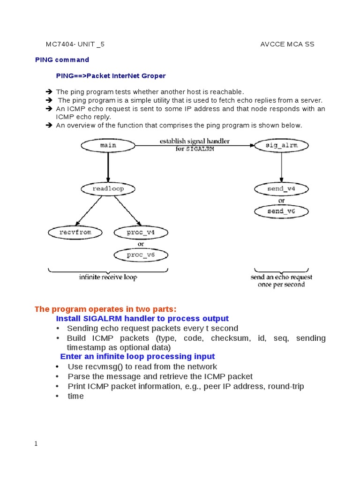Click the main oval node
click(x=108, y=146)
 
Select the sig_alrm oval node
click(x=282, y=146)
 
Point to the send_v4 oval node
click(x=282, y=189)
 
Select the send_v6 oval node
click(x=282, y=211)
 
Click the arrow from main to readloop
click(x=108, y=167)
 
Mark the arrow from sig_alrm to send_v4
click(x=282, y=167)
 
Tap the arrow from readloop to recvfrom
click(x=89, y=210)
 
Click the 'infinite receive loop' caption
click(x=108, y=277)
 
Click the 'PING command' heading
click(x=62, y=60)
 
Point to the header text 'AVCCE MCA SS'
click(x=287, y=45)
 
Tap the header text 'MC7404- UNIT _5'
click(x=75, y=45)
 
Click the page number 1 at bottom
click(x=36, y=443)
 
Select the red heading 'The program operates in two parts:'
click(x=106, y=309)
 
